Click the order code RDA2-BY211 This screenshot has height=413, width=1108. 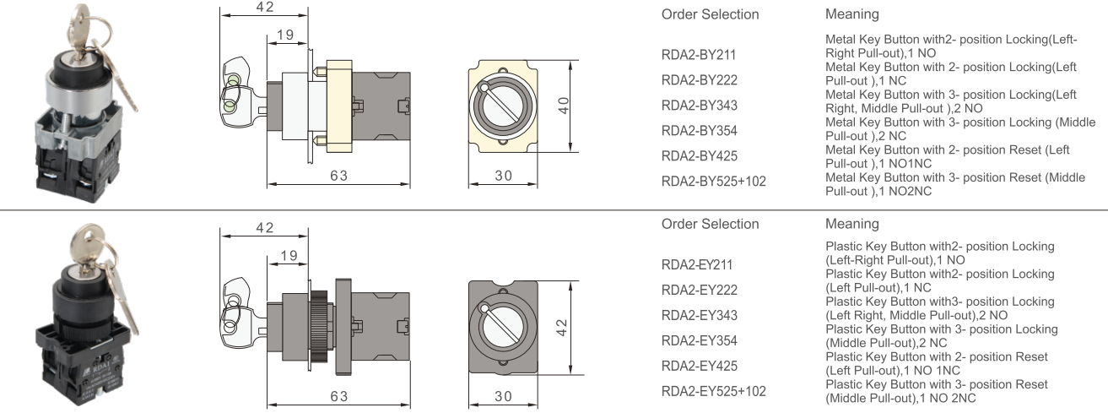pos(699,56)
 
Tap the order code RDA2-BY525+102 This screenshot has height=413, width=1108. pos(714,180)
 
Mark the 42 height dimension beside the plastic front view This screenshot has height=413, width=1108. pos(563,328)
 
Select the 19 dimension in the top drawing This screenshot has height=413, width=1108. pos(284,35)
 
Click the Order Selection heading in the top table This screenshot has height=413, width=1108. pos(710,14)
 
